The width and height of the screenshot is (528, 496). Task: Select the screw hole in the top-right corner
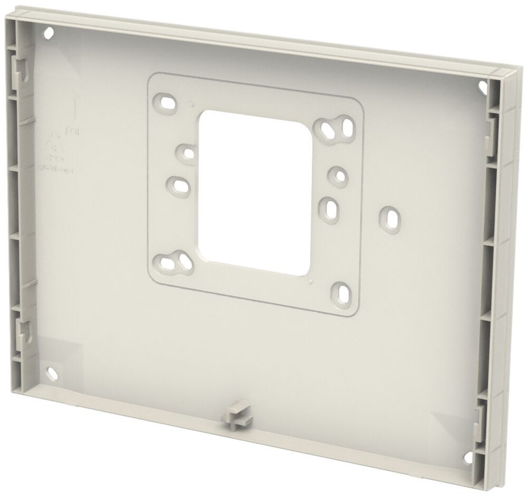point(483,87)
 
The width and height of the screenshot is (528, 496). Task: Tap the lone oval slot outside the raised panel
point(390,219)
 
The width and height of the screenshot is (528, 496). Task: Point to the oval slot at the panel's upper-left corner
point(166,103)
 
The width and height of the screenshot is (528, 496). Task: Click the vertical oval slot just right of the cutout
point(329,208)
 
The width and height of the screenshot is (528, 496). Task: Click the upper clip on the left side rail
point(18,69)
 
